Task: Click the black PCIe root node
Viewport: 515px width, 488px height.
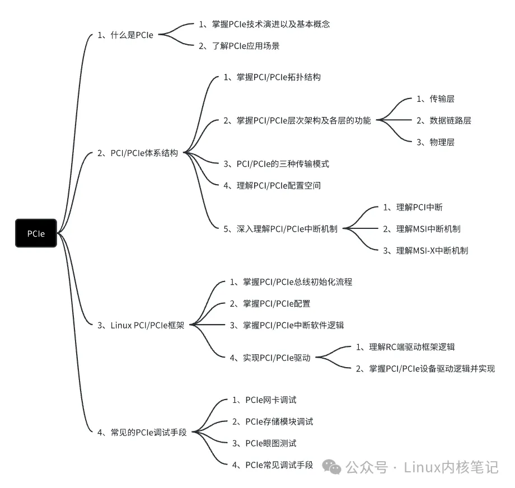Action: tap(36, 233)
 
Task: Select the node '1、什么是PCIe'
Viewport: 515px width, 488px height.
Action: tap(125, 35)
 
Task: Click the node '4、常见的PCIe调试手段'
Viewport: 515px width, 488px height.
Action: tap(142, 432)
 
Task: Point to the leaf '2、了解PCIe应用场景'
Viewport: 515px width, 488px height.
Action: tap(239, 46)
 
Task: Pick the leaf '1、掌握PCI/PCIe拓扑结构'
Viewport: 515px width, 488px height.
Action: tap(271, 77)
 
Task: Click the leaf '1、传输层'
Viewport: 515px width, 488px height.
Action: tap(435, 99)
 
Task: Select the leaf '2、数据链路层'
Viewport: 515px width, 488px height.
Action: tap(443, 120)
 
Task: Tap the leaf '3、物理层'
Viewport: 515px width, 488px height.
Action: tap(435, 142)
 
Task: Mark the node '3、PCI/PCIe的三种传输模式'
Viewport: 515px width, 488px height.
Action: tap(276, 164)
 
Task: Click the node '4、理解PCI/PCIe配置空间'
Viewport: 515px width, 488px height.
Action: tap(271, 185)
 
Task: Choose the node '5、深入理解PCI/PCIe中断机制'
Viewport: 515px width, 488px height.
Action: tap(280, 228)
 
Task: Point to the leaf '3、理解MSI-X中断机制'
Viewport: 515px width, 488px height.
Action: tap(425, 250)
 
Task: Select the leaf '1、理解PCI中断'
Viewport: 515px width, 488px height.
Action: tap(413, 207)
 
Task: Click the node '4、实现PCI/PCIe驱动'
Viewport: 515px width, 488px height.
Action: tap(270, 358)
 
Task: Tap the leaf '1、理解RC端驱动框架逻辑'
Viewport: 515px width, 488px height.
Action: tap(409, 347)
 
